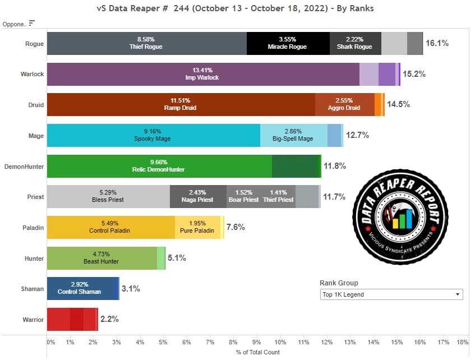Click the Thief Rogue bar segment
(146, 43)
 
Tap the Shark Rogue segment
(355, 43)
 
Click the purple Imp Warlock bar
(202, 74)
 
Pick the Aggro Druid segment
(344, 104)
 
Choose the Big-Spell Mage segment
(293, 135)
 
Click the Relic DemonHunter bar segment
(159, 166)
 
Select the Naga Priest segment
(198, 196)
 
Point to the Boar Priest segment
(243, 196)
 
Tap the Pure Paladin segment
(198, 227)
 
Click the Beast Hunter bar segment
(102, 258)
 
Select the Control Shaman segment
(79, 288)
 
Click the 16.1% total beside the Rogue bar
(437, 43)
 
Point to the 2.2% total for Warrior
(109, 319)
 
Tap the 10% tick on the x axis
(280, 341)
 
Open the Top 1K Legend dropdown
(391, 294)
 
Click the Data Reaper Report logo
(400, 210)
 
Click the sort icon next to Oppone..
(32, 23)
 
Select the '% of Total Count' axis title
(258, 352)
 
